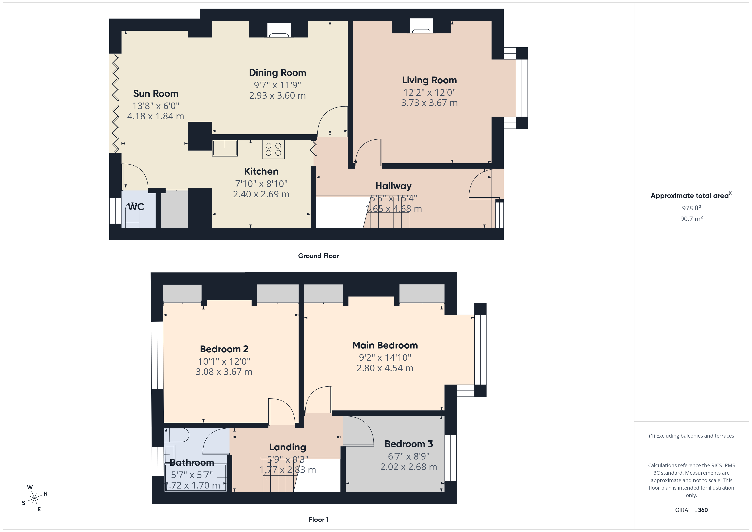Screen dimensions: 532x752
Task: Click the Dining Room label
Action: [277, 73]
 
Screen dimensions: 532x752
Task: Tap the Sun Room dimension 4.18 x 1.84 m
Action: [156, 116]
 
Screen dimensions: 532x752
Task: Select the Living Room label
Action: [429, 80]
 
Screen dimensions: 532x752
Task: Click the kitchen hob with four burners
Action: [273, 149]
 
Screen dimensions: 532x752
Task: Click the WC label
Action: [136, 207]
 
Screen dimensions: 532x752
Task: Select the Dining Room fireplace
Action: [279, 30]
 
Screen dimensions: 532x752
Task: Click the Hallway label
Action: [393, 186]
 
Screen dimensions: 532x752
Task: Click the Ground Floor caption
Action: [318, 256]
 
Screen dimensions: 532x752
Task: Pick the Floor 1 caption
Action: [318, 520]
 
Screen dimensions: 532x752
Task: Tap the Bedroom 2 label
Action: [224, 349]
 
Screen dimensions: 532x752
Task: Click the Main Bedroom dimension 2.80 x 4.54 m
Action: [385, 368]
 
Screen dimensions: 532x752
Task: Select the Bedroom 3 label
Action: [408, 444]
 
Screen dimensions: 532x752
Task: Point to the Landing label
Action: [287, 447]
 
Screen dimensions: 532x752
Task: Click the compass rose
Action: [34, 499]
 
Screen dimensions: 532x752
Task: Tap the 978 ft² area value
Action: [691, 208]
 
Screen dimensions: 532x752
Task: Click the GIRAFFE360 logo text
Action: [691, 510]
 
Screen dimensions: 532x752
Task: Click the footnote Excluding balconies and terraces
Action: [691, 436]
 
